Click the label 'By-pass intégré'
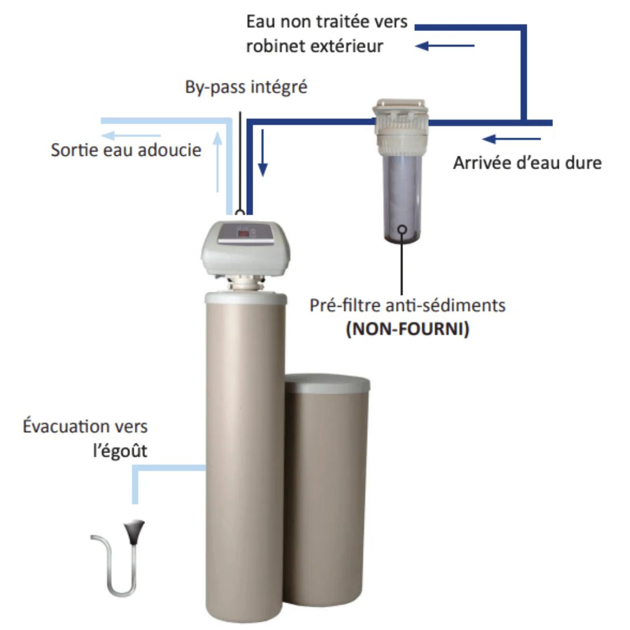tap(246, 87)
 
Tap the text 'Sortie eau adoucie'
tap(126, 150)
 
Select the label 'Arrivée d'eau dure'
tap(527, 163)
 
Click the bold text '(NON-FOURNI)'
tap(407, 328)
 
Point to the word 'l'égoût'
tap(120, 450)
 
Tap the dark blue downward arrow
tap(262, 153)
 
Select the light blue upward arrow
tap(218, 162)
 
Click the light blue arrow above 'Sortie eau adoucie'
tap(131, 135)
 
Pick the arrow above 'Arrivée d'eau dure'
tap(512, 139)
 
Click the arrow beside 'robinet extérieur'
tap(444, 46)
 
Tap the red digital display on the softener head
tap(243, 233)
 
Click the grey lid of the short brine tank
tap(327, 383)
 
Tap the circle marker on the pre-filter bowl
tap(402, 230)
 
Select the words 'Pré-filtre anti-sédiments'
tap(407, 305)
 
